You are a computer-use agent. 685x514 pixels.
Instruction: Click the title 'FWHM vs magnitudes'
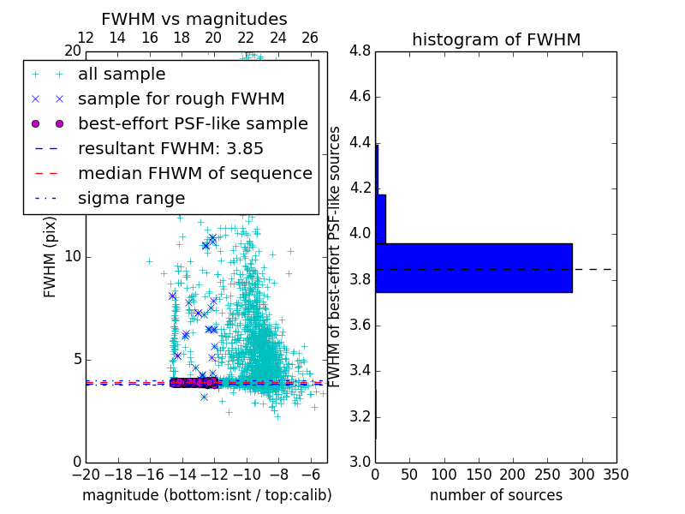point(194,19)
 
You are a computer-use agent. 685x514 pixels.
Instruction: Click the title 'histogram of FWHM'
point(496,39)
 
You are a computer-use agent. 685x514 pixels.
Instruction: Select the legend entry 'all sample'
point(122,75)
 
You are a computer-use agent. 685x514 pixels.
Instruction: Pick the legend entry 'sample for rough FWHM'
point(181,99)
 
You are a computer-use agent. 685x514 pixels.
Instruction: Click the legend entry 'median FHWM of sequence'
point(194,173)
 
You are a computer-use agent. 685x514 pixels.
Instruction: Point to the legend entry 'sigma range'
point(131,198)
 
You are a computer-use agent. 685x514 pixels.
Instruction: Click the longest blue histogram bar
point(474,268)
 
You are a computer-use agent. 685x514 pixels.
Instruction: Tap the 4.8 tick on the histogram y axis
point(360,51)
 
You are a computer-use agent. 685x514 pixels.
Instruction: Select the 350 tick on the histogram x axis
point(616,474)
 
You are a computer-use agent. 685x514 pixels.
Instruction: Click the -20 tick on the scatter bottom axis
point(86,474)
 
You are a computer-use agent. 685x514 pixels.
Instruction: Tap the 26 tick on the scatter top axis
point(310,38)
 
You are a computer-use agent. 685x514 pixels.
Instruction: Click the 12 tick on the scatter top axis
point(86,38)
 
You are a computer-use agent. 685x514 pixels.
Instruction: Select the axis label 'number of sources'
point(496,495)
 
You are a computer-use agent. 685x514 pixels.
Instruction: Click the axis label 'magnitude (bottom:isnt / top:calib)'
point(206,495)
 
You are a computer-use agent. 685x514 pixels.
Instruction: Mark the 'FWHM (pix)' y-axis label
point(51,258)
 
